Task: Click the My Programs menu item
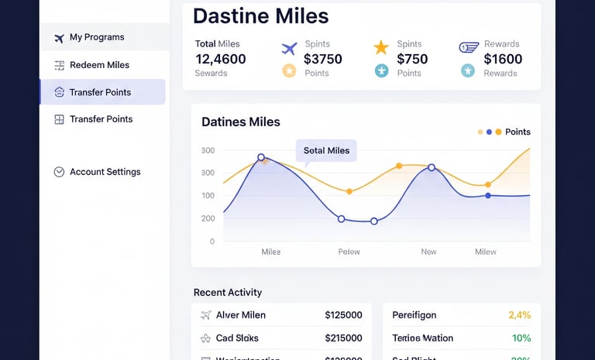point(97,37)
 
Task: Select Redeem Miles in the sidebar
point(99,65)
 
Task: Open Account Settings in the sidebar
point(105,172)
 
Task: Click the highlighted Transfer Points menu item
point(100,92)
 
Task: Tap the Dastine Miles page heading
point(260,15)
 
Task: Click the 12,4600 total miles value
point(221,59)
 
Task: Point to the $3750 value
point(323,59)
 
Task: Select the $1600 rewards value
point(503,59)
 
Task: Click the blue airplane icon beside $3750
point(289,49)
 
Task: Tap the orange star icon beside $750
point(381,47)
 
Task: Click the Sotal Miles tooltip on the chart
point(326,151)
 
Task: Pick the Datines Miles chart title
point(241,122)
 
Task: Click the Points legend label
point(518,132)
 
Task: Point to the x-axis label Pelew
point(349,252)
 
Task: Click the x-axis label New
point(428,252)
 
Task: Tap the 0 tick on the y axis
point(212,242)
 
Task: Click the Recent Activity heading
point(228,292)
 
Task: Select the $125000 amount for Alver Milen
point(343,315)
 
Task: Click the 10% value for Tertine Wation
point(521,338)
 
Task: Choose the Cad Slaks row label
point(237,338)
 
